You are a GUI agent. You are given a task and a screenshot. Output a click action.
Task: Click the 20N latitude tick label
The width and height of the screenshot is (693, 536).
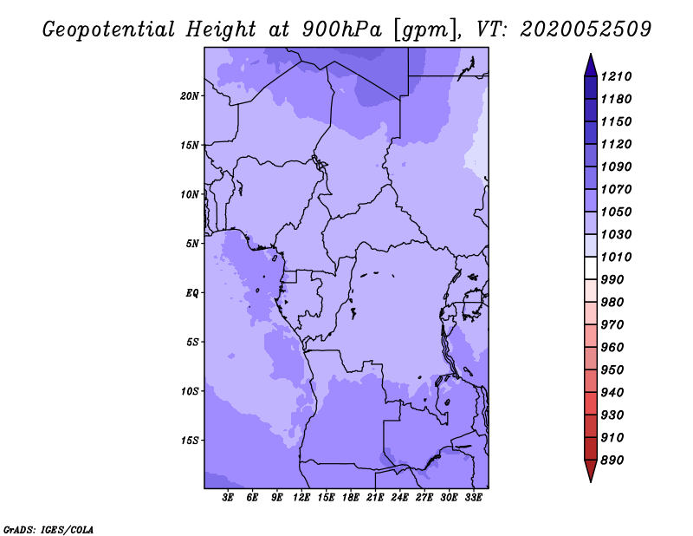190,96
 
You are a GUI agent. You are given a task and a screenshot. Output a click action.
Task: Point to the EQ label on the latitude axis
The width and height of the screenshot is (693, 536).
192,293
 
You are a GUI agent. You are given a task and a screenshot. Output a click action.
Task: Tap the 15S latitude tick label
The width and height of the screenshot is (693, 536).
190,441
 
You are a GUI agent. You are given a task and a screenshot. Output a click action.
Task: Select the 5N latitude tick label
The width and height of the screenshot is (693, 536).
192,244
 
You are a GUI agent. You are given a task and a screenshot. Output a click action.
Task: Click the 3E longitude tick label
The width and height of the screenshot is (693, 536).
228,498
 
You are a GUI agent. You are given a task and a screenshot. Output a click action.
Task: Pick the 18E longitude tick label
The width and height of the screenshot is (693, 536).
351,498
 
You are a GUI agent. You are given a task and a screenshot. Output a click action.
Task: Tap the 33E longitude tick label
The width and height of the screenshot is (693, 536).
473,498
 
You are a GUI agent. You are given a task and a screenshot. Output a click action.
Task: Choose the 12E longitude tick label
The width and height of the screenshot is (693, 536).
301,498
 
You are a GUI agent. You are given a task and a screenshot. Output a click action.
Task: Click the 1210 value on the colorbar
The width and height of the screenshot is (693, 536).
616,76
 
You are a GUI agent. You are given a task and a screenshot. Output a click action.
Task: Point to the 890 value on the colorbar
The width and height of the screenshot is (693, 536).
612,461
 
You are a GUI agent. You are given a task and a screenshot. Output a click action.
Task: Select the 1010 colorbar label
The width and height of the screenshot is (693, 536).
616,257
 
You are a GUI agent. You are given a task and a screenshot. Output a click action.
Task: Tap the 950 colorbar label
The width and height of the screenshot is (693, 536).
612,370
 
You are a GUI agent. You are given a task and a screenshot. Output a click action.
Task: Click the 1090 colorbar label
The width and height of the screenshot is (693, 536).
616,167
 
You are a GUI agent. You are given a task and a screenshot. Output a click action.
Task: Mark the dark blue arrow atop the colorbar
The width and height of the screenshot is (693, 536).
591,66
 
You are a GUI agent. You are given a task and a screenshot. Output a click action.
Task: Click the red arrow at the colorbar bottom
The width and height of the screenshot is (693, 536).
591,471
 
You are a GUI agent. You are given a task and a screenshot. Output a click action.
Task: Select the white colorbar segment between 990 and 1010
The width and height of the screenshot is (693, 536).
591,268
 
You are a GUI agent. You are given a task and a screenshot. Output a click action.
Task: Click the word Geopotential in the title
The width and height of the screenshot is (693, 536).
109,30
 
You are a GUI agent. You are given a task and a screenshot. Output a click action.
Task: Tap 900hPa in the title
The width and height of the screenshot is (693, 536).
341,29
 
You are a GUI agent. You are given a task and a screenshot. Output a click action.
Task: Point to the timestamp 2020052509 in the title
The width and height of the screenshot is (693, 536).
586,29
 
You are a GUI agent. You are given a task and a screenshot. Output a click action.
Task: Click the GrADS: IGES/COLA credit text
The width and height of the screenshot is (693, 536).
49,530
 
